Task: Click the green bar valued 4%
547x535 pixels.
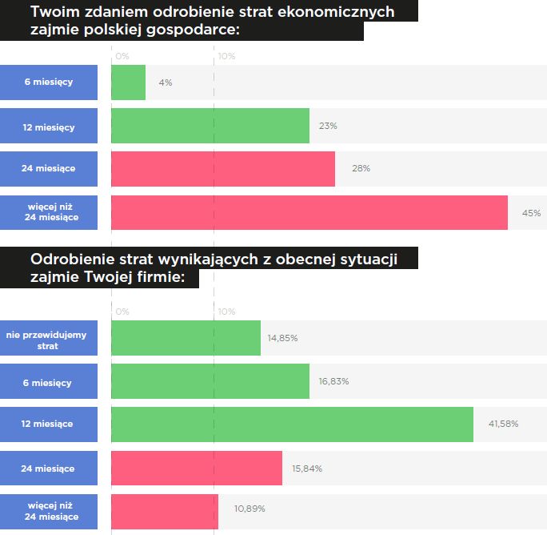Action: (x=128, y=82)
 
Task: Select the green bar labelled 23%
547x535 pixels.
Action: (x=210, y=126)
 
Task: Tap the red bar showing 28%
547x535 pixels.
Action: (x=222, y=169)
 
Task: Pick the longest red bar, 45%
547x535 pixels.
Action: (x=309, y=212)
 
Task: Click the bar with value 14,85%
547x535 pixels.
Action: (x=186, y=338)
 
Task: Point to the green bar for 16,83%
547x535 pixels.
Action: (x=210, y=381)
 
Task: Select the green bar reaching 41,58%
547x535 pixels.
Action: (x=292, y=424)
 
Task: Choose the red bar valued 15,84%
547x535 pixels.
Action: (x=196, y=468)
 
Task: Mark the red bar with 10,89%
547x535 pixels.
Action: (x=164, y=511)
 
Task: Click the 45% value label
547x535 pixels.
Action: (x=531, y=213)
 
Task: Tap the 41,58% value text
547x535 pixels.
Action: (x=503, y=424)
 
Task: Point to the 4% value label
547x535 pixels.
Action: (x=166, y=82)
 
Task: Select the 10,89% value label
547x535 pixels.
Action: (x=249, y=509)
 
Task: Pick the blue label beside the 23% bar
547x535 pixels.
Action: (x=48, y=127)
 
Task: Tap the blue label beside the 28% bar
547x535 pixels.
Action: (x=48, y=169)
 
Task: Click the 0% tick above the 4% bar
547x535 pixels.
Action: (x=122, y=57)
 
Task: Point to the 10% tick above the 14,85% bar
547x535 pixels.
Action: (x=227, y=312)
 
